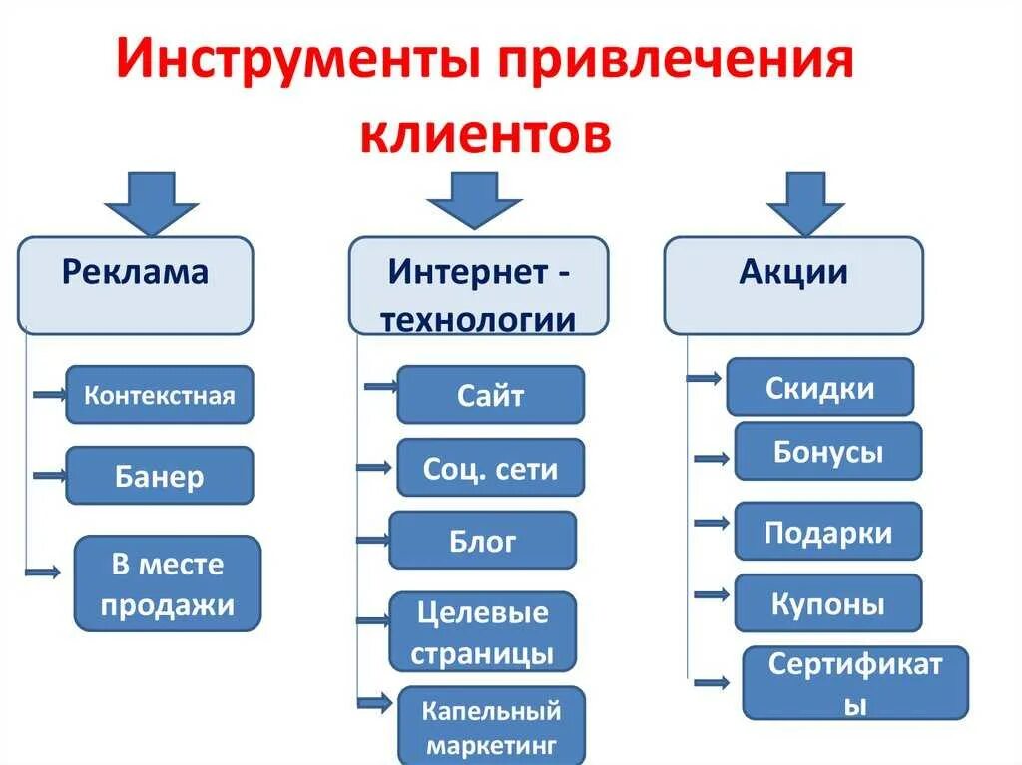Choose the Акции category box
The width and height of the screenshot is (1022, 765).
(x=793, y=284)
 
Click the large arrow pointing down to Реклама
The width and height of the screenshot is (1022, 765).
(x=152, y=203)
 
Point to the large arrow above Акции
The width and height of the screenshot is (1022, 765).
(x=805, y=202)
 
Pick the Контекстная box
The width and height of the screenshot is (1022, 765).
(x=160, y=395)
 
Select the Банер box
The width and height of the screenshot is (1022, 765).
(x=160, y=476)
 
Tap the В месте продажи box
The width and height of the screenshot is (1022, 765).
(x=168, y=583)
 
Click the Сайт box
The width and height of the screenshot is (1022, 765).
(x=490, y=395)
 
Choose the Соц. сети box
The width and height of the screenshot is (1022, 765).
(x=490, y=468)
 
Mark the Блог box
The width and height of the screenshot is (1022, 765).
(x=482, y=541)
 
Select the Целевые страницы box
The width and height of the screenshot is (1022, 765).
(x=482, y=631)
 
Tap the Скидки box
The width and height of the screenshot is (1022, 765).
(x=819, y=387)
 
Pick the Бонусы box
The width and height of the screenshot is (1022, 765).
(x=827, y=451)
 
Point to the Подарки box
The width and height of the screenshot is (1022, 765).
(x=827, y=532)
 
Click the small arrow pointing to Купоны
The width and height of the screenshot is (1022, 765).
(x=713, y=594)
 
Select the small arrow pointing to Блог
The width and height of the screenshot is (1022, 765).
(x=372, y=540)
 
